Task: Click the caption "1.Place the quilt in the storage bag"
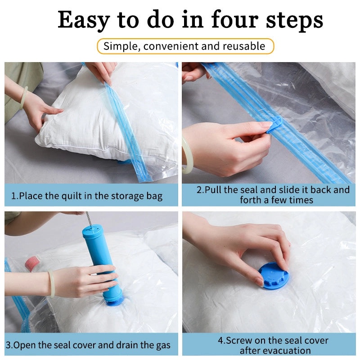tap(87, 196)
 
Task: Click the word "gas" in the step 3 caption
tap(161, 345)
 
